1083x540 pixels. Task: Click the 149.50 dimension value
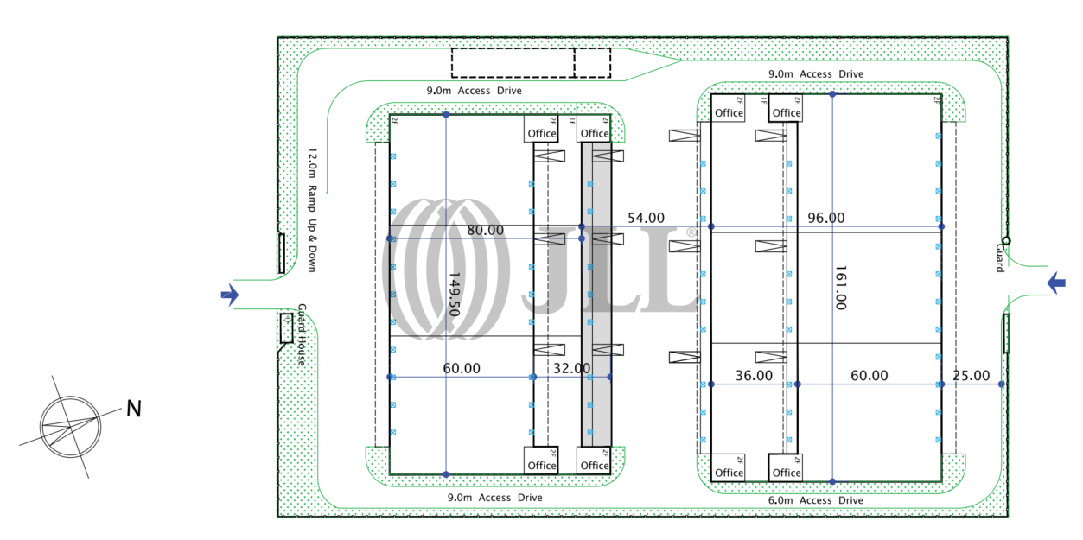[x=455, y=294]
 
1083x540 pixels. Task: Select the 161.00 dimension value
[x=841, y=287]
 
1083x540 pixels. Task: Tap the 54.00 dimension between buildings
[x=646, y=218]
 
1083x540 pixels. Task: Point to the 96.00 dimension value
[x=826, y=218]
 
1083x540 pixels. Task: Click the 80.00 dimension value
[x=486, y=230]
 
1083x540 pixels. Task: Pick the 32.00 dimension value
[x=572, y=368]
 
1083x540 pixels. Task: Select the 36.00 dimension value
[x=755, y=376]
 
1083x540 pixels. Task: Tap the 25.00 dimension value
[x=972, y=376]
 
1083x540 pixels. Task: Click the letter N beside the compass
[x=134, y=409]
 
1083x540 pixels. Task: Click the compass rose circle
[x=71, y=427]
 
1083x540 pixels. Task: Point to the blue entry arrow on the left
[x=230, y=295]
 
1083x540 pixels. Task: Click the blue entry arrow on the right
[x=1056, y=283]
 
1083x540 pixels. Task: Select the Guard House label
[x=302, y=334]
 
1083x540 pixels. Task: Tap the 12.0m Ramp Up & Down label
[x=313, y=210]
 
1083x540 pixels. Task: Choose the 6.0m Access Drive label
[x=816, y=500]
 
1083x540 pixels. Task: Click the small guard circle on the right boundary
[x=1006, y=241]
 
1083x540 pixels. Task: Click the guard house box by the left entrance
[x=286, y=327]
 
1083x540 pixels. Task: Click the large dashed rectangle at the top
[x=513, y=63]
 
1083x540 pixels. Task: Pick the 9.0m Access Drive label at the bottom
[x=494, y=498]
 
